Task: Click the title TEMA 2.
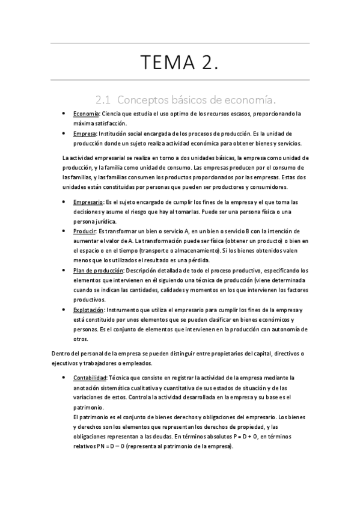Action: coord(179,62)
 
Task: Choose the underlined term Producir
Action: coord(84,231)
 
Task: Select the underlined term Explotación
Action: coord(88,309)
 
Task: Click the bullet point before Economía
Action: coord(64,113)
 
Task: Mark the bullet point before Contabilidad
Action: coord(64,378)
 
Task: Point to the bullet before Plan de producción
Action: coord(64,270)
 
